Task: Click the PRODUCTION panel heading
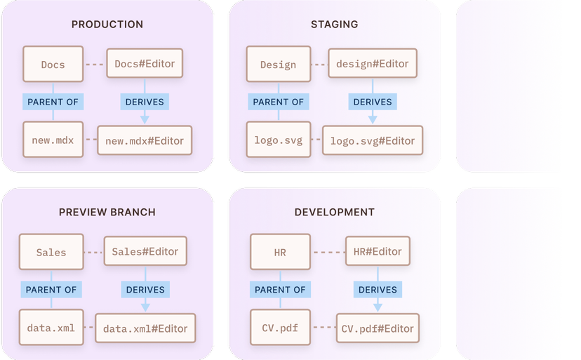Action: [107, 25]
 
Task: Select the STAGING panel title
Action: [335, 25]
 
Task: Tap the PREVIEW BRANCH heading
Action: [107, 212]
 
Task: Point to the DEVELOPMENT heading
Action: [335, 212]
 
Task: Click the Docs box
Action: [53, 65]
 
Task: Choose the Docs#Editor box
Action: [145, 64]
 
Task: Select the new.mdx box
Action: [53, 140]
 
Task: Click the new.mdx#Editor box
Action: [145, 141]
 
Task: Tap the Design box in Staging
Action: [279, 65]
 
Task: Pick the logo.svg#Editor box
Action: [373, 141]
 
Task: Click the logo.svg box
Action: [279, 140]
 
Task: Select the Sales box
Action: [51, 252]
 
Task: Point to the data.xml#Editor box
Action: [145, 328]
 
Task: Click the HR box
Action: [280, 252]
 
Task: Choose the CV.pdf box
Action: [280, 328]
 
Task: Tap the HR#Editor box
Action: [378, 251]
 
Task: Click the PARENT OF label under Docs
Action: [53, 102]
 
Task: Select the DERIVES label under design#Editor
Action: [373, 102]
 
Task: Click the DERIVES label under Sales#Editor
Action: [145, 289]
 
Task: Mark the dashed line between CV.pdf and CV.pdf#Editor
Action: [323, 328]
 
